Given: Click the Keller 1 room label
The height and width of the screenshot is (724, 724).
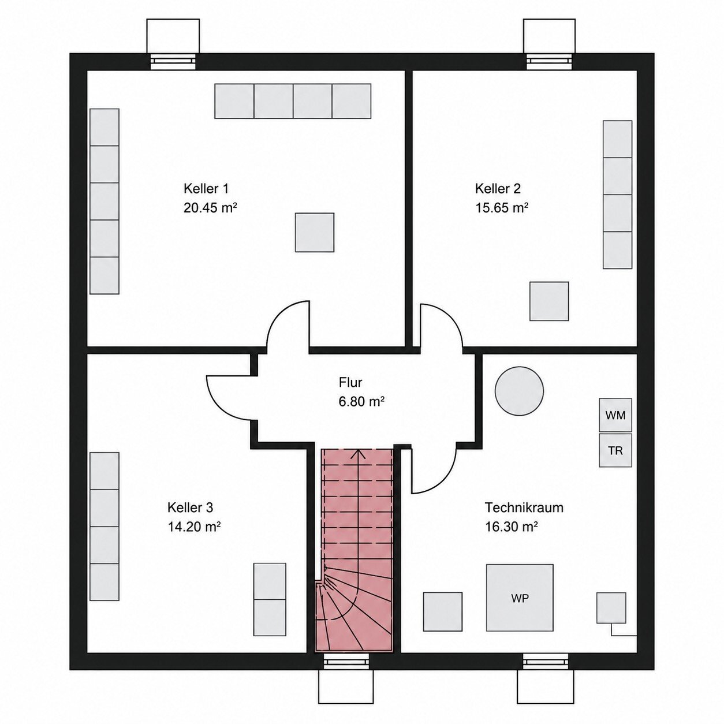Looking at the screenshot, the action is [x=206, y=188].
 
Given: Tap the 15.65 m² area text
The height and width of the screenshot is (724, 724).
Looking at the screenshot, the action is [x=502, y=207].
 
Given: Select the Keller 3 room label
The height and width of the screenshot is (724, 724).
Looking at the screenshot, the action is [x=190, y=507].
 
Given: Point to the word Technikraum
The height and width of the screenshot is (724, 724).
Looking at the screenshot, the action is [x=524, y=507].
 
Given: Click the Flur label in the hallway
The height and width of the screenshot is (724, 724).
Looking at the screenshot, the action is [x=350, y=382].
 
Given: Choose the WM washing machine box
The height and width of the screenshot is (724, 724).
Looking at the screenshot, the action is [x=615, y=415].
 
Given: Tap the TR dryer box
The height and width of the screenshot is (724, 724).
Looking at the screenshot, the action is [x=615, y=450].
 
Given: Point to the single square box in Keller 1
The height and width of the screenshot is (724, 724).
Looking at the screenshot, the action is [x=315, y=232].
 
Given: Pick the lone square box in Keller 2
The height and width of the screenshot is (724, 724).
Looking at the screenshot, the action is [x=549, y=301].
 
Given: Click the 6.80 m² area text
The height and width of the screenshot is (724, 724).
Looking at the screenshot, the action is [x=361, y=402].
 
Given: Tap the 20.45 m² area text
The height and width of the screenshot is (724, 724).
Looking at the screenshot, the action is [x=210, y=207].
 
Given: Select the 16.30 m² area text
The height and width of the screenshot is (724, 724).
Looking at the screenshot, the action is [x=512, y=527].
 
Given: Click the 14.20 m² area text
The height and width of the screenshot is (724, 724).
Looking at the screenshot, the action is [x=194, y=527].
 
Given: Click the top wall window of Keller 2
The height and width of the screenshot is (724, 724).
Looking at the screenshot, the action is [x=549, y=62].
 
